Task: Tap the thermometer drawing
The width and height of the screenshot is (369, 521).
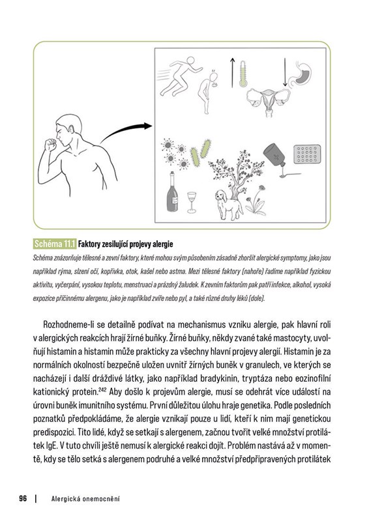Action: point(243,74)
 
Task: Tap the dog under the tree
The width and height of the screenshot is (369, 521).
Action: point(229,204)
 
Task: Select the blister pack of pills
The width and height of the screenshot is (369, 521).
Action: point(307,154)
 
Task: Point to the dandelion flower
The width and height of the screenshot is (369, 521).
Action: point(256,201)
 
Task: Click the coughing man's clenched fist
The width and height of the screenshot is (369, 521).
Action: point(51,145)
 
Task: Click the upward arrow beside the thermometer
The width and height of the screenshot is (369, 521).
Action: point(232,73)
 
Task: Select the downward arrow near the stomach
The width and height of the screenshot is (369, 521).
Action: point(285,72)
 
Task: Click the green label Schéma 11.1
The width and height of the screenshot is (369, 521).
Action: point(55,244)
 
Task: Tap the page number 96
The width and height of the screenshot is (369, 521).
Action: point(23,498)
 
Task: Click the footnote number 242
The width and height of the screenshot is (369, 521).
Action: point(102,389)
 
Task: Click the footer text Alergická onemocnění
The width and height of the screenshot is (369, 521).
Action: point(85,499)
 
